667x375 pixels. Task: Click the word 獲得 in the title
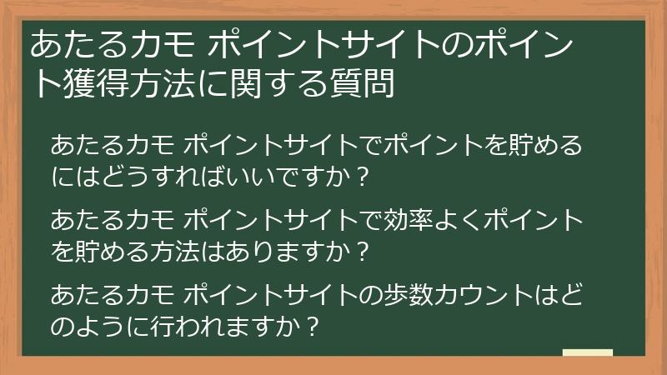click(88, 83)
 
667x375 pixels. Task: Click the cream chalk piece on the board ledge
click(587, 352)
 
